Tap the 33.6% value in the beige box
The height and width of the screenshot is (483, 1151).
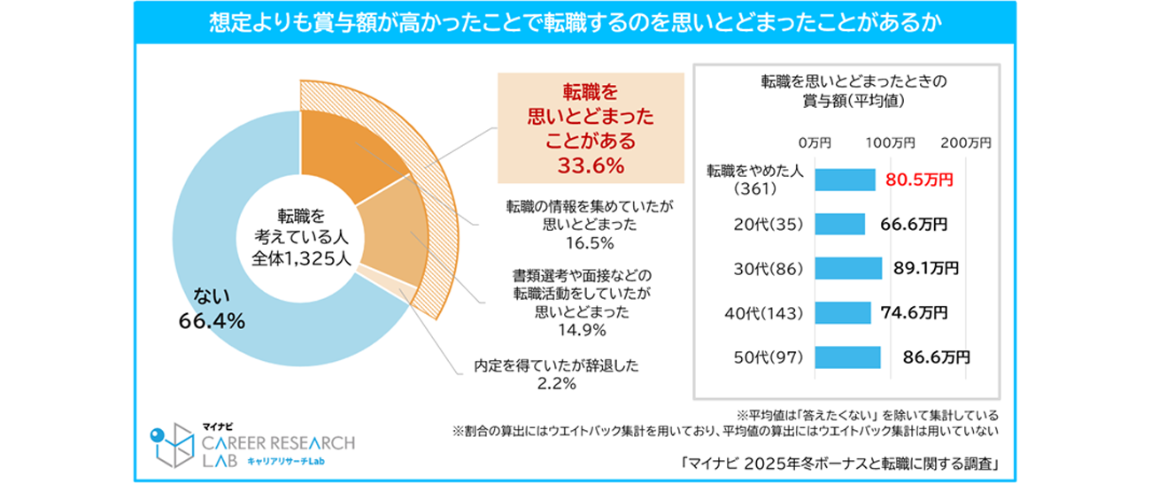tap(591, 165)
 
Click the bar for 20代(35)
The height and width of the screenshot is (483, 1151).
tap(838, 224)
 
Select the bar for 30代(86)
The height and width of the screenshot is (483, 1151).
tap(847, 268)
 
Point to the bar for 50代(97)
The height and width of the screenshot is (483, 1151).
tap(846, 356)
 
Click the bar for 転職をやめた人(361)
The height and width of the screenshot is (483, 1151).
tap(844, 180)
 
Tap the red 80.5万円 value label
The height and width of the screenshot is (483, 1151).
tap(919, 180)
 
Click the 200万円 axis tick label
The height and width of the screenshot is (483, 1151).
tap(965, 142)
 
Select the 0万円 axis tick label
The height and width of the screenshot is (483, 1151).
tap(814, 142)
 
